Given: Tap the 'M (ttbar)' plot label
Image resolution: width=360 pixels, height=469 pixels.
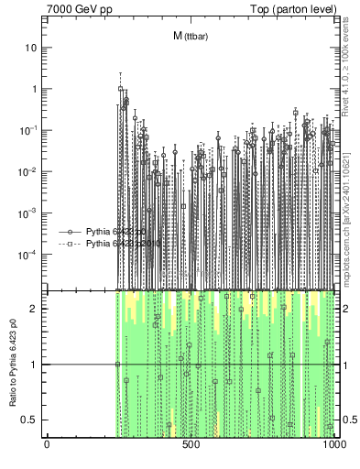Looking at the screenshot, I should pyautogui.click(x=190, y=36).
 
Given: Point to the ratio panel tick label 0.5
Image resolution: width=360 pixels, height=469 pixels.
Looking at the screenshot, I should pyautogui.click(x=31, y=420).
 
